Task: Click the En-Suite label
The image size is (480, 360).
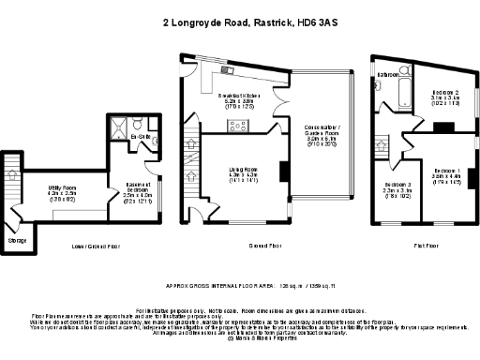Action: tap(142, 137)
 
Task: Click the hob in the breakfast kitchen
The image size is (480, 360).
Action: tap(237, 125)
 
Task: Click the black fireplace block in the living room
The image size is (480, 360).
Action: tap(281, 170)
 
